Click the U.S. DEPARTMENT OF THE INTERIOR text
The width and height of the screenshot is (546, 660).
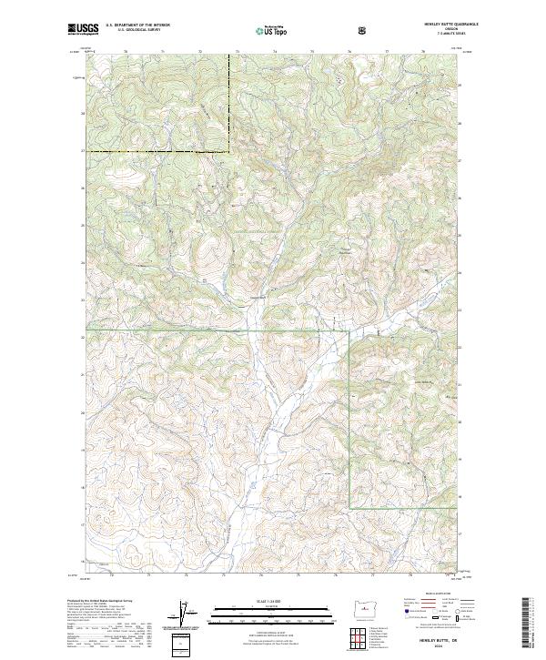(138, 25)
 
